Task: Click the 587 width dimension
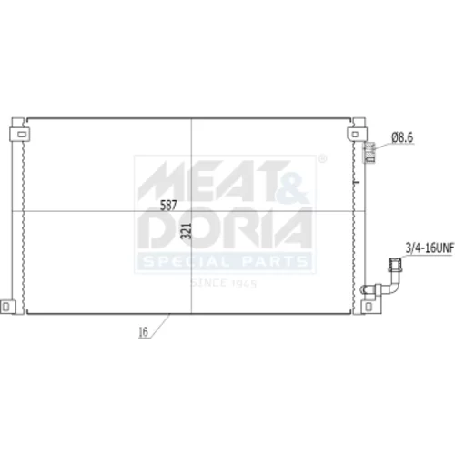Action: tap(168, 206)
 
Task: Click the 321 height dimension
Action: tap(187, 231)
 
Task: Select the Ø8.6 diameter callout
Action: tap(402, 138)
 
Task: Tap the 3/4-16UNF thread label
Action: tap(430, 248)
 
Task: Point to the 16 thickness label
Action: tap(143, 332)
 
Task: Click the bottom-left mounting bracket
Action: tap(7, 307)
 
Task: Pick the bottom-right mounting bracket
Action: tap(370, 307)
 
